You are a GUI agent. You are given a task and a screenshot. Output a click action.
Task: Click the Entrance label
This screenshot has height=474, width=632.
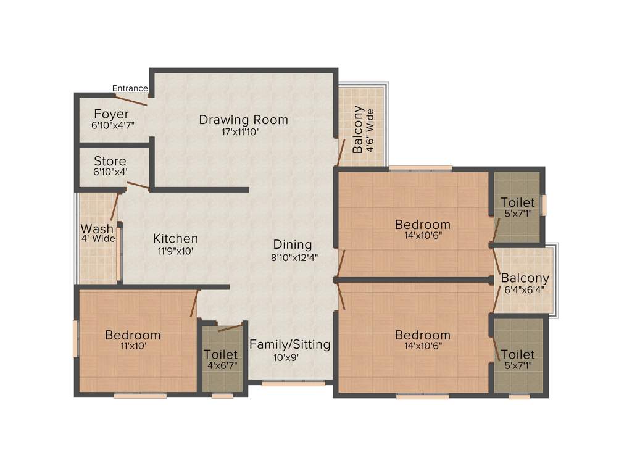pyautogui.click(x=130, y=88)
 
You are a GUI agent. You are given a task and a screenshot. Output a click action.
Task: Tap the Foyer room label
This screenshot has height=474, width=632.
pyautogui.click(x=112, y=114)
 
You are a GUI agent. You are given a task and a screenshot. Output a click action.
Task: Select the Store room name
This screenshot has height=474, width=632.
pyautogui.click(x=110, y=162)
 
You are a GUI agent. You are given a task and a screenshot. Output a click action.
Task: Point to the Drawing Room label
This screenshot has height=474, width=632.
pyautogui.click(x=243, y=120)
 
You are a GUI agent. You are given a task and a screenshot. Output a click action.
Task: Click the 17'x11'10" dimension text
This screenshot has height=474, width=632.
pyautogui.click(x=243, y=131)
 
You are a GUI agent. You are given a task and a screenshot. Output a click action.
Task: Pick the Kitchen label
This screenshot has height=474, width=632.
pyautogui.click(x=176, y=238)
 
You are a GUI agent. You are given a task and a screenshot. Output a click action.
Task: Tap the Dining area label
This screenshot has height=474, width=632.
pyautogui.click(x=293, y=244)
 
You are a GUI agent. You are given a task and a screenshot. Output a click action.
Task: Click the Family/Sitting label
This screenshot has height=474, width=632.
pyautogui.click(x=289, y=344)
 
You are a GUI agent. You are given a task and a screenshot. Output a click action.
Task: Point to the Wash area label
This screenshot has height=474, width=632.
pyautogui.click(x=98, y=229)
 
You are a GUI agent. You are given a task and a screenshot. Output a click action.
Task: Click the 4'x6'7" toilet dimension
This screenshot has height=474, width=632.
pyautogui.click(x=221, y=365)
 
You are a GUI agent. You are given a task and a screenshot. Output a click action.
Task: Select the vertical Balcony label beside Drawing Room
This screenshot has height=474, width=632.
pyautogui.click(x=358, y=130)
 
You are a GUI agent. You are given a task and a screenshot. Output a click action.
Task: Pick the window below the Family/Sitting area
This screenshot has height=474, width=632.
pyautogui.click(x=293, y=383)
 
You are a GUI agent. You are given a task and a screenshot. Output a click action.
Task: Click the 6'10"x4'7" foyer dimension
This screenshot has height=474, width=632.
pyautogui.click(x=112, y=125)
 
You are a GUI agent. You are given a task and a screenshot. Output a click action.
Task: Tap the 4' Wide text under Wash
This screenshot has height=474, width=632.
pyautogui.click(x=98, y=239)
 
